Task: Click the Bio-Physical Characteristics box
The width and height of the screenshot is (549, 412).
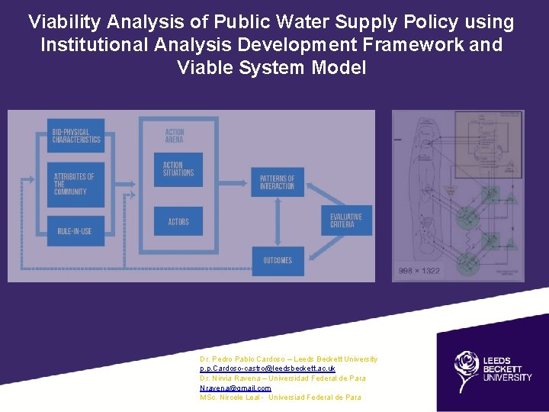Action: click(x=75, y=136)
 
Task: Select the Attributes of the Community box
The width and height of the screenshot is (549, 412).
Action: click(x=75, y=184)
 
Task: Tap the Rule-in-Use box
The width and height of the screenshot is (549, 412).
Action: click(x=75, y=231)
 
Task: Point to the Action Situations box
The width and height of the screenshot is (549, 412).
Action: click(x=178, y=169)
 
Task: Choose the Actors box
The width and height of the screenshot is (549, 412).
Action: click(x=178, y=221)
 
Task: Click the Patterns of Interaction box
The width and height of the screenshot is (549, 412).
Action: click(x=277, y=182)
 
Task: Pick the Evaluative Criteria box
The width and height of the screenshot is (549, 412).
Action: click(x=345, y=220)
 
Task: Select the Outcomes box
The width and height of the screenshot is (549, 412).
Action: click(x=278, y=260)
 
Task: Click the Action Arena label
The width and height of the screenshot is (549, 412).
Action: click(x=175, y=136)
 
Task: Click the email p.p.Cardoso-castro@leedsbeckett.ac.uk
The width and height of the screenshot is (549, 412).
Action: click(x=267, y=369)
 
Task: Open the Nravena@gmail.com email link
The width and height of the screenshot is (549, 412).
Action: click(x=235, y=388)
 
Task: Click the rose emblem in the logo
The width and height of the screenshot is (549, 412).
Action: click(x=466, y=369)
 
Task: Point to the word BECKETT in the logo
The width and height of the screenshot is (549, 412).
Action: click(x=504, y=368)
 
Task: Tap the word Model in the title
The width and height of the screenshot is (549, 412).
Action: click(x=339, y=68)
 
